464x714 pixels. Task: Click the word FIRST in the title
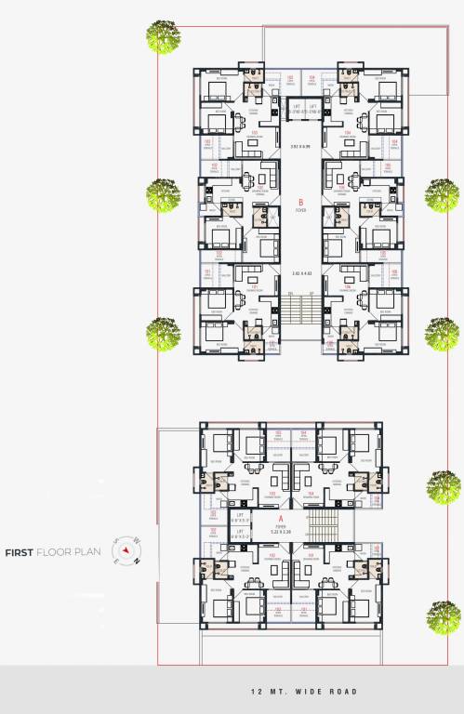coord(20,552)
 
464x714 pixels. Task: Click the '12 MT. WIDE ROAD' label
coord(303,692)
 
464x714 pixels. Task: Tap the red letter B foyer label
coord(300,202)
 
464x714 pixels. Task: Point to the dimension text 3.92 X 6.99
coord(299,147)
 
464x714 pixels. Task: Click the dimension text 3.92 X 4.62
coord(299,272)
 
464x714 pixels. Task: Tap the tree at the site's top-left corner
coord(164,37)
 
